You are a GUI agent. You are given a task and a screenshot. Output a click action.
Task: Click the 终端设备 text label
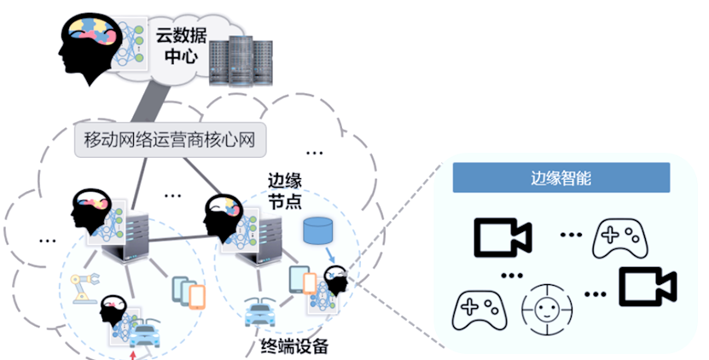[x=294, y=347]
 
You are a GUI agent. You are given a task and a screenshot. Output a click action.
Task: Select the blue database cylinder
[x=317, y=230]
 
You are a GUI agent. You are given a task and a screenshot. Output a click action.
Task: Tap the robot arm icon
[x=84, y=288]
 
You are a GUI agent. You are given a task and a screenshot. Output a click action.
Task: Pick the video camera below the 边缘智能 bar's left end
[x=503, y=236]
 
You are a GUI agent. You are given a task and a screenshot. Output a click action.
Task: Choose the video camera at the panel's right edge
[x=647, y=287]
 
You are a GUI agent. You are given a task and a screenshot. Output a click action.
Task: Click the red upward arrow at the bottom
[x=132, y=350]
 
